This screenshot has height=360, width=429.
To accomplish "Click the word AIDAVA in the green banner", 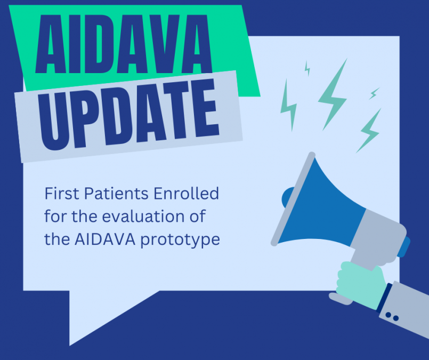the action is (124, 44).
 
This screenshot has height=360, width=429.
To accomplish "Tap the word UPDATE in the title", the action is (128, 115).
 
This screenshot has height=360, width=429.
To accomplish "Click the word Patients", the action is (116, 193).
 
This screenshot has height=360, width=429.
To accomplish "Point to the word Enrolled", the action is (187, 193).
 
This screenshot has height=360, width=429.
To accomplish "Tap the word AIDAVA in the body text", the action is (105, 239).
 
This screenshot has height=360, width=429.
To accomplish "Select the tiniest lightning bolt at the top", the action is (307, 68).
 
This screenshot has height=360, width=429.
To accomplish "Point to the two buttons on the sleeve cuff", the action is (392, 316).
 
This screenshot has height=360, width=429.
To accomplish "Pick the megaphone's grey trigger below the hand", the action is (341, 299).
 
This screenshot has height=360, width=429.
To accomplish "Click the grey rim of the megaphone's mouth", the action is (293, 199).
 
